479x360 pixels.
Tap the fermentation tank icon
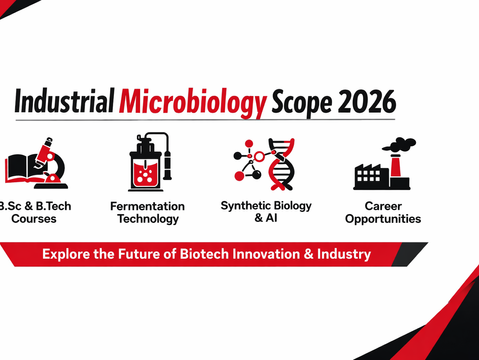pos(148,163)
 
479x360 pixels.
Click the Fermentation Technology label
pos(147,212)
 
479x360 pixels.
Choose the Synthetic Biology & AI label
pos(265,211)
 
